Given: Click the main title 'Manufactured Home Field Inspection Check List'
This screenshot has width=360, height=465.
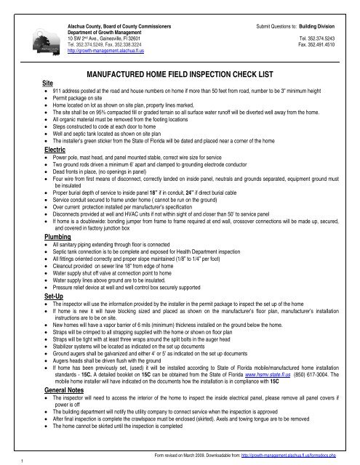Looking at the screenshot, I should (x=179, y=74).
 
